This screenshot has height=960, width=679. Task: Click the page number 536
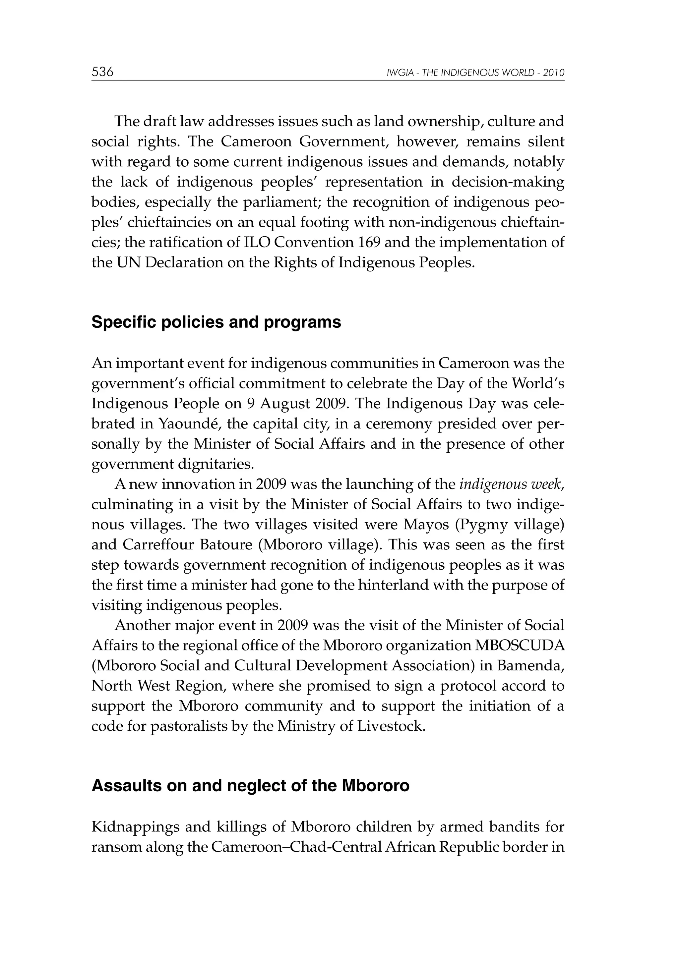[102, 72]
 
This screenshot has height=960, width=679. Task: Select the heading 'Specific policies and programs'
[216, 322]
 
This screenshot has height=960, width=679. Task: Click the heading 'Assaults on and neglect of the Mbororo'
[250, 786]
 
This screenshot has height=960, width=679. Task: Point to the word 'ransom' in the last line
[114, 847]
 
